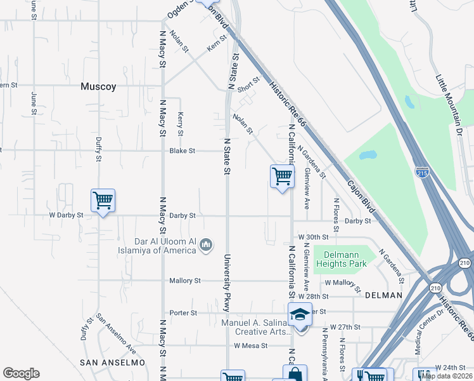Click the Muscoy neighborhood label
pos(98,87)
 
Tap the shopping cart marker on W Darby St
pos(103,201)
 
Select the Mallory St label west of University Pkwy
pos(184,281)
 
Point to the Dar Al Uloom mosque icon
pos(205,244)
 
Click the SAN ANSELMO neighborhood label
pos(112,362)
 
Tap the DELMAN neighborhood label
pos(383,295)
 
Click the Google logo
pos(21,373)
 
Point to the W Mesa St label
pos(251,346)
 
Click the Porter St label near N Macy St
pos(184,313)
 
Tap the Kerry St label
pos(180,124)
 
